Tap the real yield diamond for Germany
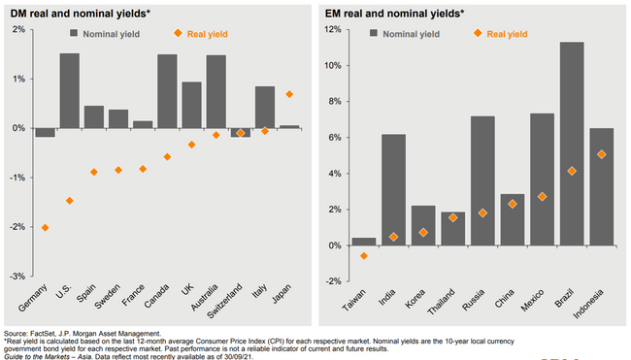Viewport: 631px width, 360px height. coord(45,227)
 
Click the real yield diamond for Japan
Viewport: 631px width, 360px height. coord(289,94)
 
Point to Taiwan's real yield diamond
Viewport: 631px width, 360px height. coord(364,256)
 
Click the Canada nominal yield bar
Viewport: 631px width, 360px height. coord(167,91)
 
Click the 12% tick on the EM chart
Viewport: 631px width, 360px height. coord(333,29)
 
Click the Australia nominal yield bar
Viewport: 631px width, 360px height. coord(216,91)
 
